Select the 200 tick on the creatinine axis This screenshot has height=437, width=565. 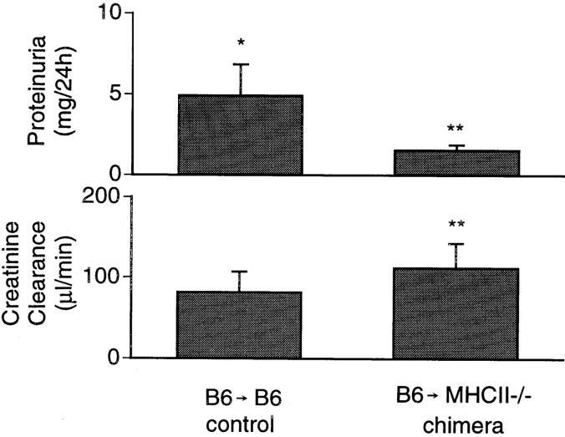pos(103,197)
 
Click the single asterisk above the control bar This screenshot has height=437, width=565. pos(241,42)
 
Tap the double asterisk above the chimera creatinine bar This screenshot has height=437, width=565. pos(456,225)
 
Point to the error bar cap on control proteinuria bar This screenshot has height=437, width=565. pos(241,64)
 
